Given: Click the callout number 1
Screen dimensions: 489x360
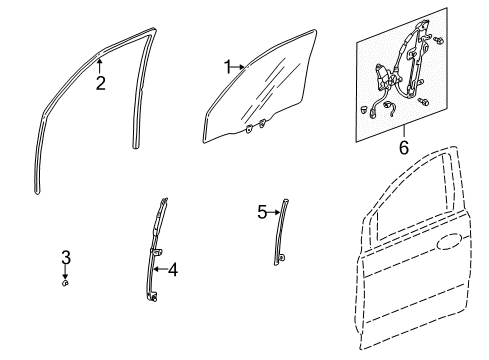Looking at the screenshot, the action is click(228, 67).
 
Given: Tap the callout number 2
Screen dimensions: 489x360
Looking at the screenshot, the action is click(100, 83).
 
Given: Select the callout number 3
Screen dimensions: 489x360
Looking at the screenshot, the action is click(66, 257).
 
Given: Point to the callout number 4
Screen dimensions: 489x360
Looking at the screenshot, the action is click(173, 269).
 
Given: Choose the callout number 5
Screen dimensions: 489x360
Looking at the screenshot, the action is click(262, 212).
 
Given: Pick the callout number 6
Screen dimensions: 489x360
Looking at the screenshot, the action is click(404, 147).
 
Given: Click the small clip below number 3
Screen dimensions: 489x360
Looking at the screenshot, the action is click(66, 283).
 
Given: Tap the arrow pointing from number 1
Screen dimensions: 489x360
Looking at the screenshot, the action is click(238, 67).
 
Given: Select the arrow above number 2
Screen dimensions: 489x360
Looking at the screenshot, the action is click(99, 65).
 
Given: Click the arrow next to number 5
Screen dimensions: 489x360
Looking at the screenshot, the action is click(273, 212).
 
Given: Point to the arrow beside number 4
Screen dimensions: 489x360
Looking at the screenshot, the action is click(161, 269).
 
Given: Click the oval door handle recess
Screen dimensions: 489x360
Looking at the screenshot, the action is click(449, 242).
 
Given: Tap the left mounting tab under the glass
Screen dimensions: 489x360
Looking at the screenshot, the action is click(249, 129).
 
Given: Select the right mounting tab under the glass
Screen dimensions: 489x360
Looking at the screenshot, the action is click(263, 123).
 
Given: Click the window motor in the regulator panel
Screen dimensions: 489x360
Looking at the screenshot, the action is click(382, 76).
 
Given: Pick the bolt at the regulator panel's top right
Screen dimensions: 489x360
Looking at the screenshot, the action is click(438, 41).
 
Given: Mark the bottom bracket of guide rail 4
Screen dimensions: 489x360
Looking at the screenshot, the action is click(153, 296).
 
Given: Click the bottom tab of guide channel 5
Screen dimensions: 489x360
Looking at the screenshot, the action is click(281, 258).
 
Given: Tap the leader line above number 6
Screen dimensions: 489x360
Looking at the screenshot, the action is click(404, 132).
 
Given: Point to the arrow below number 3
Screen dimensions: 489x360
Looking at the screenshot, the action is click(66, 272).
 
